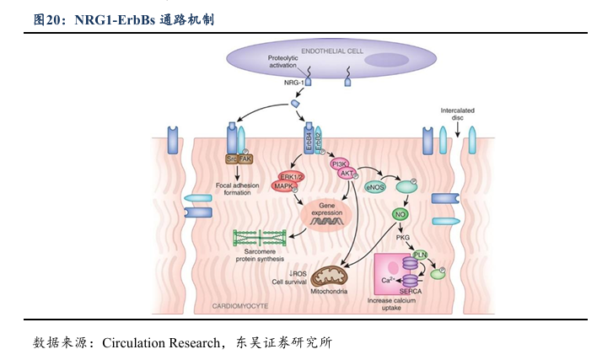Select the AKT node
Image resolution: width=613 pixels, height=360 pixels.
tap(346, 174)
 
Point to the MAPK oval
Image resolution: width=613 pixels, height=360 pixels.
tap(282, 185)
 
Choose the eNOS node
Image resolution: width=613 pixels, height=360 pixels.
tap(374, 186)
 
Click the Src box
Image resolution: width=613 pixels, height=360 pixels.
tap(231, 159)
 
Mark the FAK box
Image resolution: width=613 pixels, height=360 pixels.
tap(245, 159)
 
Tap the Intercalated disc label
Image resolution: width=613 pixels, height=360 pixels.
tap(457, 114)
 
